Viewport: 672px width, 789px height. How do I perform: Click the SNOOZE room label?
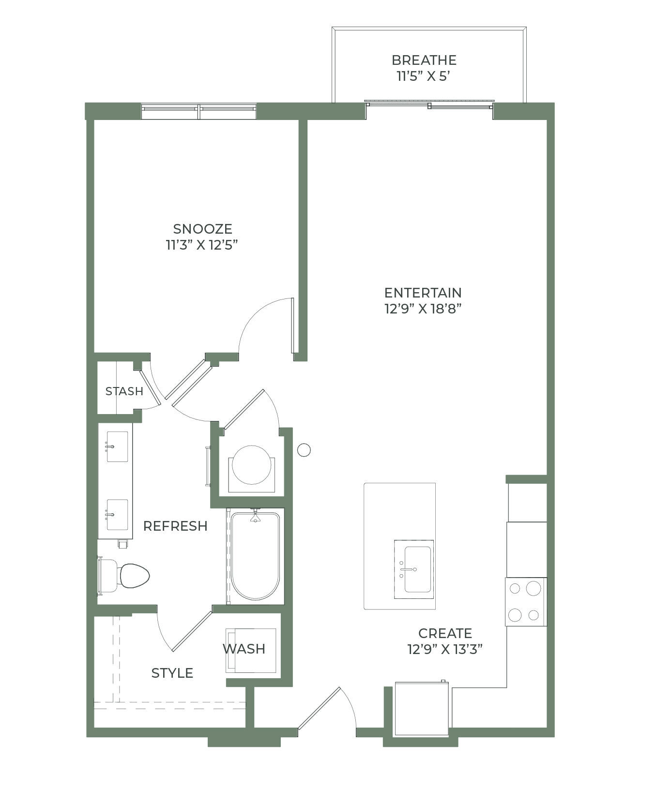tap(202, 229)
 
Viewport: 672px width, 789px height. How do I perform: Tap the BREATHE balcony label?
tap(424, 60)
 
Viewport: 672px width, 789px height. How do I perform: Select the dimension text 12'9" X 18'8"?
tap(423, 309)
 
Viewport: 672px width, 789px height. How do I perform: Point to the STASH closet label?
tap(124, 391)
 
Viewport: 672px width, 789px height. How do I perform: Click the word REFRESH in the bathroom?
tap(175, 526)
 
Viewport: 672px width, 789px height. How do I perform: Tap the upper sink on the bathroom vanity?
tap(117, 447)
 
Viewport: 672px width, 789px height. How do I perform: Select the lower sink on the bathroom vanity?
tap(117, 515)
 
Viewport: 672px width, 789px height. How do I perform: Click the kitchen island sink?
tap(414, 569)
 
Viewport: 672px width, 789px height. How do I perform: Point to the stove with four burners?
tap(526, 602)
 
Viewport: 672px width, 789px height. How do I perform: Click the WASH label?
tap(244, 649)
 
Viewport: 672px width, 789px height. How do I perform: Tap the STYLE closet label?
tap(172, 673)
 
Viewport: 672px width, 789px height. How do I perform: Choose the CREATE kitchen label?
tap(445, 633)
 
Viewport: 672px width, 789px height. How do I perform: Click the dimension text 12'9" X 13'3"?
tap(445, 649)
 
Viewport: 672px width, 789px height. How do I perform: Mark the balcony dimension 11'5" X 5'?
tap(424, 76)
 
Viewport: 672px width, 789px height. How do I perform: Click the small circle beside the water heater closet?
tap(304, 450)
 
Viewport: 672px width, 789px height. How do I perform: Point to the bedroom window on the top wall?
tap(199, 111)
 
